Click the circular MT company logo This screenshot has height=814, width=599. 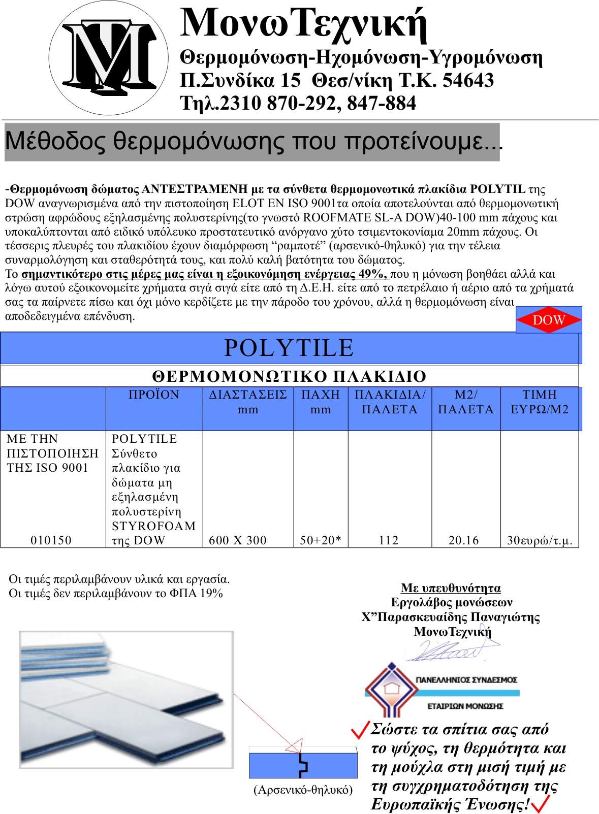point(109,57)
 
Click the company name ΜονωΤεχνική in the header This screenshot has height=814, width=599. point(303,23)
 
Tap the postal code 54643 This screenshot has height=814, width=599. point(468,80)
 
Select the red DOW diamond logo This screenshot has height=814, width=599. point(549,320)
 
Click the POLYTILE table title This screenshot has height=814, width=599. point(289,348)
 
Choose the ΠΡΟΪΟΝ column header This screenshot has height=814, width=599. point(154,395)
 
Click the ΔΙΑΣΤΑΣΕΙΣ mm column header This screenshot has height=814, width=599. point(248,402)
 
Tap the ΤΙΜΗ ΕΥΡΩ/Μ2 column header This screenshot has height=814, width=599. point(540,402)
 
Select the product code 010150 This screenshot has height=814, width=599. point(51,540)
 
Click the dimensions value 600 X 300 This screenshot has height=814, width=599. point(238,540)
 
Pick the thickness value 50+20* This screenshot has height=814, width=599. point(320,540)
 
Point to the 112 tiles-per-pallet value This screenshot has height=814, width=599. point(389,540)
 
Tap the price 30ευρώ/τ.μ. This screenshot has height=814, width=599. point(540,541)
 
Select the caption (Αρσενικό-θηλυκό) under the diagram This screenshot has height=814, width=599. point(303,790)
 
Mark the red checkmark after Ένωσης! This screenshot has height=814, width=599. point(540,804)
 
